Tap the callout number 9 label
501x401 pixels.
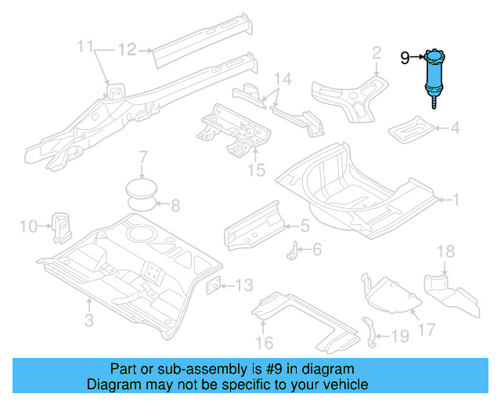click(405, 57)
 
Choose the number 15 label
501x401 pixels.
click(256, 170)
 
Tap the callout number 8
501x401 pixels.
click(175, 206)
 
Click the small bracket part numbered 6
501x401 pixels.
click(296, 252)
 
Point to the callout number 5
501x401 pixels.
click(305, 226)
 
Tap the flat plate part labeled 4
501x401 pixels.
click(413, 127)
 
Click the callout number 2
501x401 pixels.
click(377, 52)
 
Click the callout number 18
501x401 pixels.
click(445, 251)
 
